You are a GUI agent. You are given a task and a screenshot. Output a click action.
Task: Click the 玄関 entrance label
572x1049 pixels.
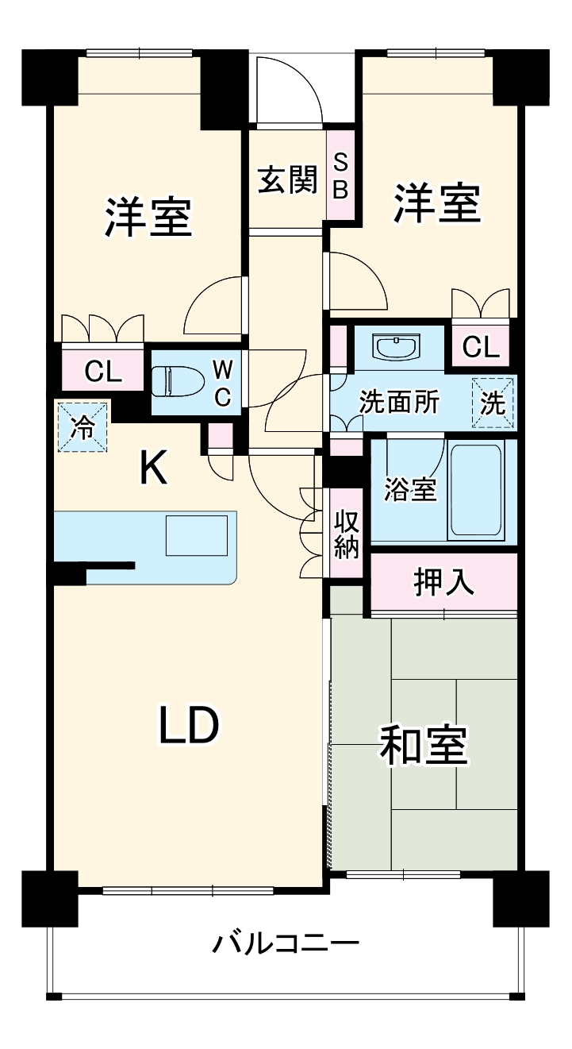coord(286,181)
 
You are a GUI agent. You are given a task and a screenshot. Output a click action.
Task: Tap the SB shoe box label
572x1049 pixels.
coord(340,175)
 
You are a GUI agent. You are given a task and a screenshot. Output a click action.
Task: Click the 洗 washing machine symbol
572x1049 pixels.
coord(493,403)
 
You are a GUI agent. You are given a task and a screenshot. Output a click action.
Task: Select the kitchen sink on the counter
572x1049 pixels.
coord(196,534)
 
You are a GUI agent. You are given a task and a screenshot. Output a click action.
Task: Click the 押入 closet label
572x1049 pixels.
coord(444,582)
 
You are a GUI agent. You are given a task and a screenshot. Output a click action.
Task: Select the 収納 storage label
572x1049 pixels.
coord(346,534)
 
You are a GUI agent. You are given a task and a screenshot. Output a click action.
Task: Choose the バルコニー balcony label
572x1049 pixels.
coord(286,944)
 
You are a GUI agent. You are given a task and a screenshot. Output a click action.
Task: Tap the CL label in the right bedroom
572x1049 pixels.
coord(481,346)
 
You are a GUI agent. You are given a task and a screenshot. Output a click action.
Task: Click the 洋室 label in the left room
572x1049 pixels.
coord(149,216)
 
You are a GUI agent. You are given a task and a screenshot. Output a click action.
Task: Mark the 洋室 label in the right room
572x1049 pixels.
coord(438,203)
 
